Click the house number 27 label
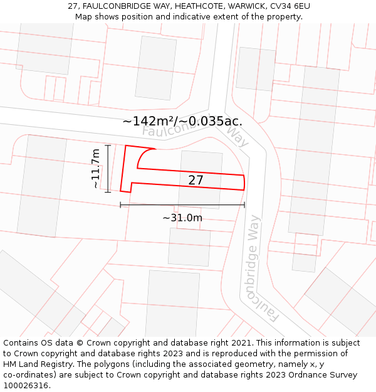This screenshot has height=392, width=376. tap(196, 180)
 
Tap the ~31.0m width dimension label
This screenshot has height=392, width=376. tap(182, 218)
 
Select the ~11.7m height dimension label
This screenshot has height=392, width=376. tap(95, 168)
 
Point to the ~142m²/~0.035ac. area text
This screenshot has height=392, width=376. tap(182, 121)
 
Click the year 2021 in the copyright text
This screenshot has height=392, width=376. tap(239, 343)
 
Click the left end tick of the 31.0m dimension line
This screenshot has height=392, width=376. tap(120, 205)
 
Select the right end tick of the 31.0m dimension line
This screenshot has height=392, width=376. tap(244, 205)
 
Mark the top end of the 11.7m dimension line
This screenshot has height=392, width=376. tap(108, 146)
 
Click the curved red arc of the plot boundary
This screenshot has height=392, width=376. tap(140, 157)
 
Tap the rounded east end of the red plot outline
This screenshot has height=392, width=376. tap(244, 182)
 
